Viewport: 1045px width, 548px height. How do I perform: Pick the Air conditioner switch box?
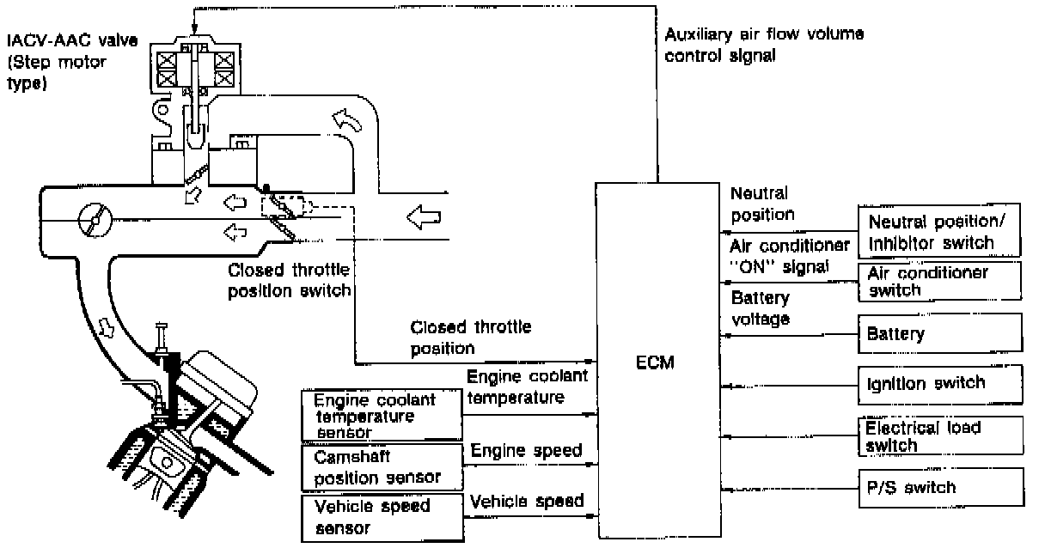tap(940, 282)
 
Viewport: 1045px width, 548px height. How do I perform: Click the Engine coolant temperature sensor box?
tap(381, 415)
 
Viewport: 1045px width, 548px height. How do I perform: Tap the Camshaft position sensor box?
tap(381, 466)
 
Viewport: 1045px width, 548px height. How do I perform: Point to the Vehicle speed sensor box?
tap(381, 517)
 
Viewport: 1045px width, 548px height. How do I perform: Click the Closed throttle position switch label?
tap(290, 280)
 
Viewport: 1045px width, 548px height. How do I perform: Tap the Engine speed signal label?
tap(525, 450)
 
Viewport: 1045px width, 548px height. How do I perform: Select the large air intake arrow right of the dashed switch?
tap(425, 218)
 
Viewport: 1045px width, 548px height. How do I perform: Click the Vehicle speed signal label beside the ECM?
tap(527, 500)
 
